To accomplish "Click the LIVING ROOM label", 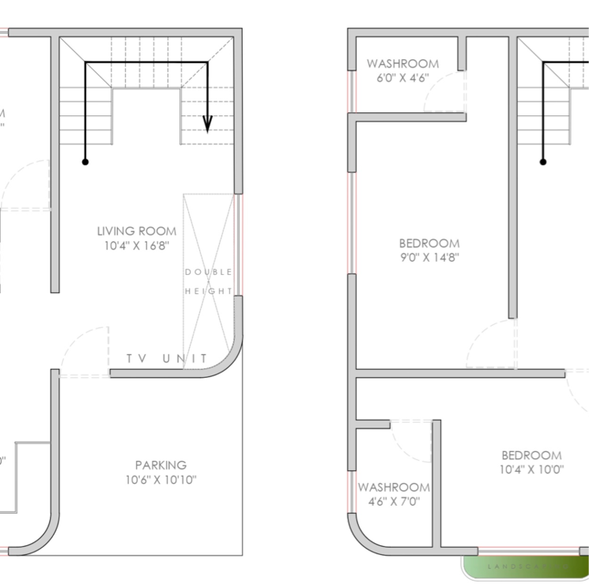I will [137, 231].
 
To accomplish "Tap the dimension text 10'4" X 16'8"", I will [137, 246].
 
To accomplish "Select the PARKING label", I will [160, 465].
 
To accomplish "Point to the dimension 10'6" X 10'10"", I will [160, 480].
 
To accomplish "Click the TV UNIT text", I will [167, 360].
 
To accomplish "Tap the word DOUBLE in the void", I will [209, 272].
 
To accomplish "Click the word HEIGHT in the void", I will [209, 291].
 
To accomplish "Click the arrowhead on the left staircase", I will [207, 124].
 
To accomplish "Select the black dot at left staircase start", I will [85, 161].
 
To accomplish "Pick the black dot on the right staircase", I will [543, 161].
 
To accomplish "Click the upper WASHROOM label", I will [402, 63].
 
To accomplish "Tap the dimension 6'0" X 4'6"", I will [402, 77].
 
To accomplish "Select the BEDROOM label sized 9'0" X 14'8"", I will [429, 243].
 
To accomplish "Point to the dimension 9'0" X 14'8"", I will [429, 258].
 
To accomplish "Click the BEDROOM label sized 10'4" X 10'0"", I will [531, 455].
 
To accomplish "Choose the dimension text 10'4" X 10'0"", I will [531, 470].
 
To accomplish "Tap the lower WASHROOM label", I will [394, 488].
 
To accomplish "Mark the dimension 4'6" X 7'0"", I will [394, 502].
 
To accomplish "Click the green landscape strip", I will [526, 567].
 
